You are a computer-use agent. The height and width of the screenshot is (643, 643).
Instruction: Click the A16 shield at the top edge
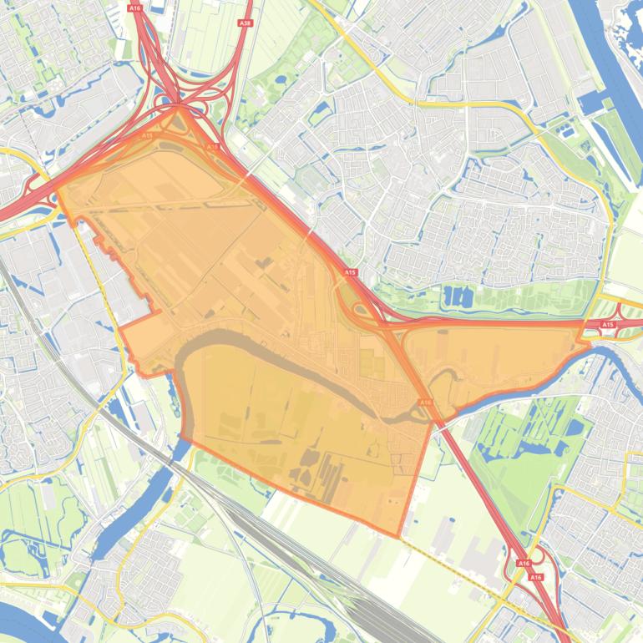pyautogui.click(x=134, y=8)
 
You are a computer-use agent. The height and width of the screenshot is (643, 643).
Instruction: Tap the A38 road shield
pyautogui.click(x=245, y=23)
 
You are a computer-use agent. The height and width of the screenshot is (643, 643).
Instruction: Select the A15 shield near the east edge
pyautogui.click(x=608, y=324)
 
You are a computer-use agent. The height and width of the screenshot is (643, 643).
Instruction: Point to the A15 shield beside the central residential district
pyautogui.click(x=350, y=272)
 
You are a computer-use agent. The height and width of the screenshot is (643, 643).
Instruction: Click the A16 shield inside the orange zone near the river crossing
pyautogui.click(x=425, y=403)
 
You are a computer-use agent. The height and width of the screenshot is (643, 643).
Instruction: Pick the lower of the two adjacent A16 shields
pyautogui.click(x=535, y=577)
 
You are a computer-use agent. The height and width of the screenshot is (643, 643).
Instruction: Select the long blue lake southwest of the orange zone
pyautogui.click(x=134, y=501)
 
